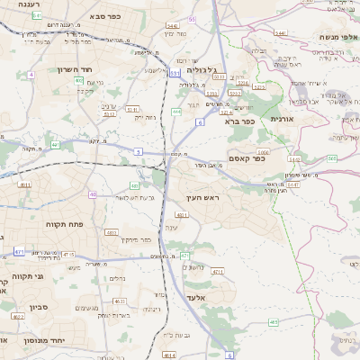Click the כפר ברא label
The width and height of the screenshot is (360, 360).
pos(241,121)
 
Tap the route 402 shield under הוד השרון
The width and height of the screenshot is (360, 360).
pos(78,81)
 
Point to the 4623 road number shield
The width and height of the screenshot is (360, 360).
pos(120,301)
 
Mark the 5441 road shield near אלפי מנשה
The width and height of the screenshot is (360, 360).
pos(280,32)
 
